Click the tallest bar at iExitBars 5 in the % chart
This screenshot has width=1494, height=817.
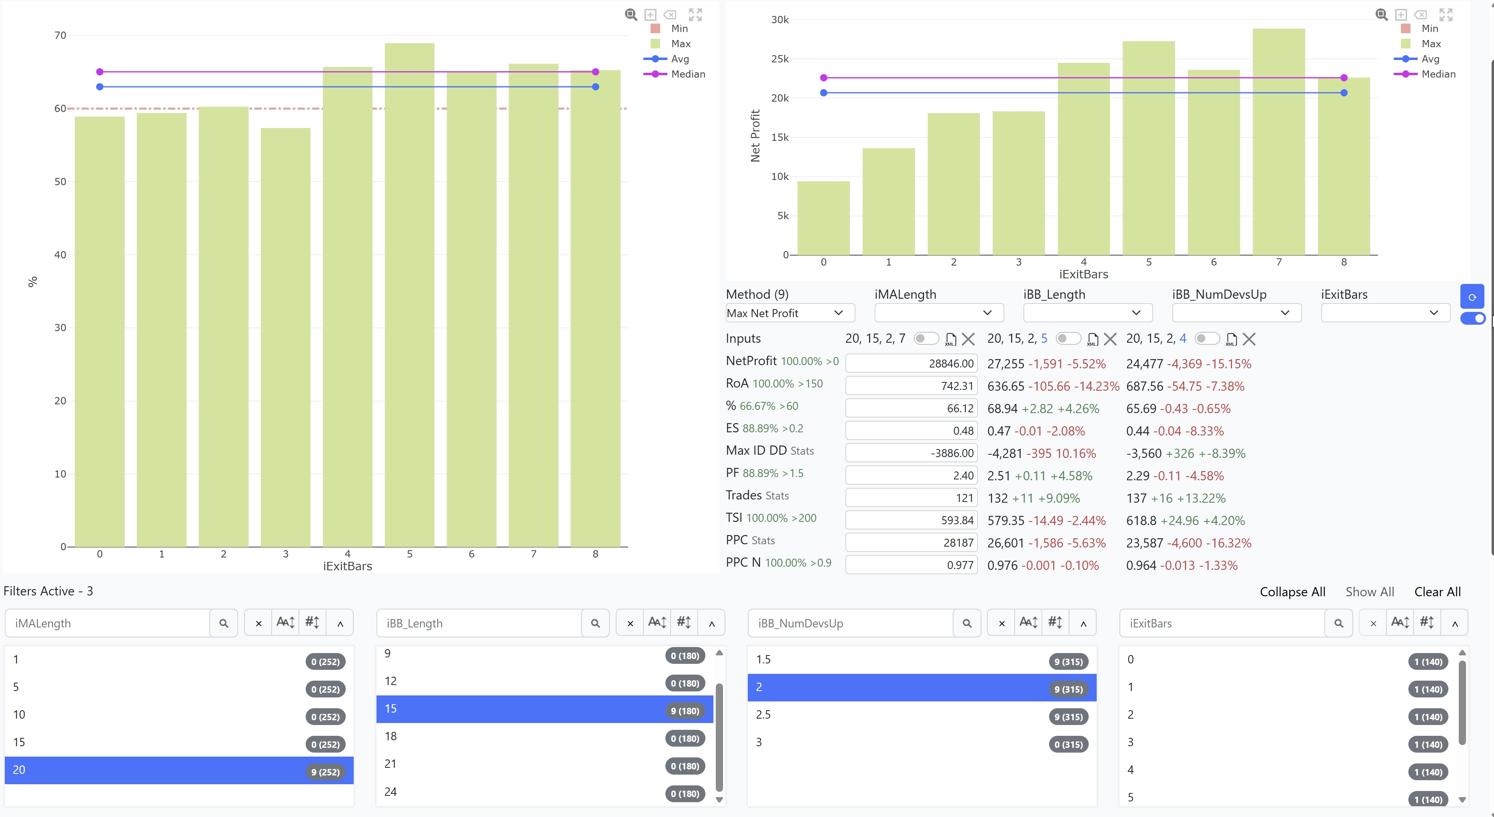click(409, 295)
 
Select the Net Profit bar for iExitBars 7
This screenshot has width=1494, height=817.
click(1279, 142)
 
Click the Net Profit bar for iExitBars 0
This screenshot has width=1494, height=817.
click(823, 218)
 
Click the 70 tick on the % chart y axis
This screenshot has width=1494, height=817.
click(60, 35)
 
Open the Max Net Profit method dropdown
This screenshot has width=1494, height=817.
click(790, 313)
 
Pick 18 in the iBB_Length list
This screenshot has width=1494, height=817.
click(545, 736)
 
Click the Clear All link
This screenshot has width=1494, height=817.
click(1437, 592)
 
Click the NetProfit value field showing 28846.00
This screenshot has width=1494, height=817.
click(911, 364)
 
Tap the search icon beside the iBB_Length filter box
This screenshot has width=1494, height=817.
click(595, 623)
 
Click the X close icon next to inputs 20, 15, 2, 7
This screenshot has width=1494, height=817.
click(968, 339)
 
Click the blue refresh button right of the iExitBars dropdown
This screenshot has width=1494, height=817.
click(1472, 297)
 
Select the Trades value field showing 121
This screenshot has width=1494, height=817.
click(911, 498)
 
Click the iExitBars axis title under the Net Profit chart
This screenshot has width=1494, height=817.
click(1083, 274)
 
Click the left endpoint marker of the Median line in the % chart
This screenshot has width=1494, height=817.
click(100, 72)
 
